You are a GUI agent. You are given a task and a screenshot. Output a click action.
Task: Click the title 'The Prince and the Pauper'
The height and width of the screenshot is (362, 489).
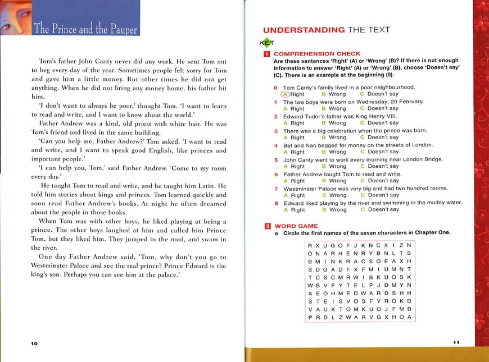click(85, 29)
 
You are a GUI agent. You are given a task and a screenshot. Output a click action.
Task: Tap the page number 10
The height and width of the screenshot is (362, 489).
click(34, 343)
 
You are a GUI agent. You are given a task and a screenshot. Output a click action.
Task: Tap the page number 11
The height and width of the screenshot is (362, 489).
click(456, 342)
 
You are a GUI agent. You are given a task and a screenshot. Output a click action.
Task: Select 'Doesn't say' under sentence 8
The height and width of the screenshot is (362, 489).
click(379, 210)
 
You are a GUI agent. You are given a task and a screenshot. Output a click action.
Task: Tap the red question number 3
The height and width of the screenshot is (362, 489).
click(276, 131)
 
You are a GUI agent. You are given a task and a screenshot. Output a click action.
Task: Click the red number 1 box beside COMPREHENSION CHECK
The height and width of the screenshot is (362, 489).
click(267, 54)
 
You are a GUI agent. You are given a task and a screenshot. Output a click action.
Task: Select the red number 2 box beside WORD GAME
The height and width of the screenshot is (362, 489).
click(267, 226)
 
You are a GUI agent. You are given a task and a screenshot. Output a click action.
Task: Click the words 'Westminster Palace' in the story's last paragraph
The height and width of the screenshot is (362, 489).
click(60, 266)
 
